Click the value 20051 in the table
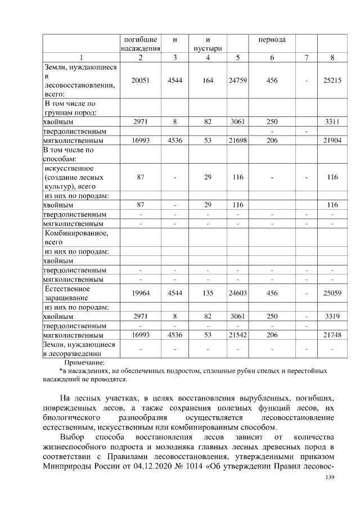point(140,81)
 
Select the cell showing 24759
point(238,81)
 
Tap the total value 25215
point(332,81)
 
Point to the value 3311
point(332,121)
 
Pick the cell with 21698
point(238,140)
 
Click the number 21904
point(332,140)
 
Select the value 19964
point(140,293)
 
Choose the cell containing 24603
point(238,293)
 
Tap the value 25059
point(332,293)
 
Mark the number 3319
point(332,317)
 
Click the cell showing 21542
point(238,335)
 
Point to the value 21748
point(332,335)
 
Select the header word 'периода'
point(272,40)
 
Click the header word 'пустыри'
point(208,49)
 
